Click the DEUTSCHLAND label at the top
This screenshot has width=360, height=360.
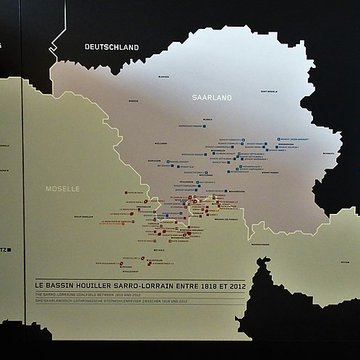tap(112, 46)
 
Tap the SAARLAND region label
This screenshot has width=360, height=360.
tap(211, 97)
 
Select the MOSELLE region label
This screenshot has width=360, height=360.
tap(63, 187)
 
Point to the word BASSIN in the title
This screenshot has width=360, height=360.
tap(60, 286)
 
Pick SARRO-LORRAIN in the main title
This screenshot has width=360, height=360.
tap(145, 286)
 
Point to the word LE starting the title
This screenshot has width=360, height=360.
tap(39, 286)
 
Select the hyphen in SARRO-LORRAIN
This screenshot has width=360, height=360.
tap(140, 286)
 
